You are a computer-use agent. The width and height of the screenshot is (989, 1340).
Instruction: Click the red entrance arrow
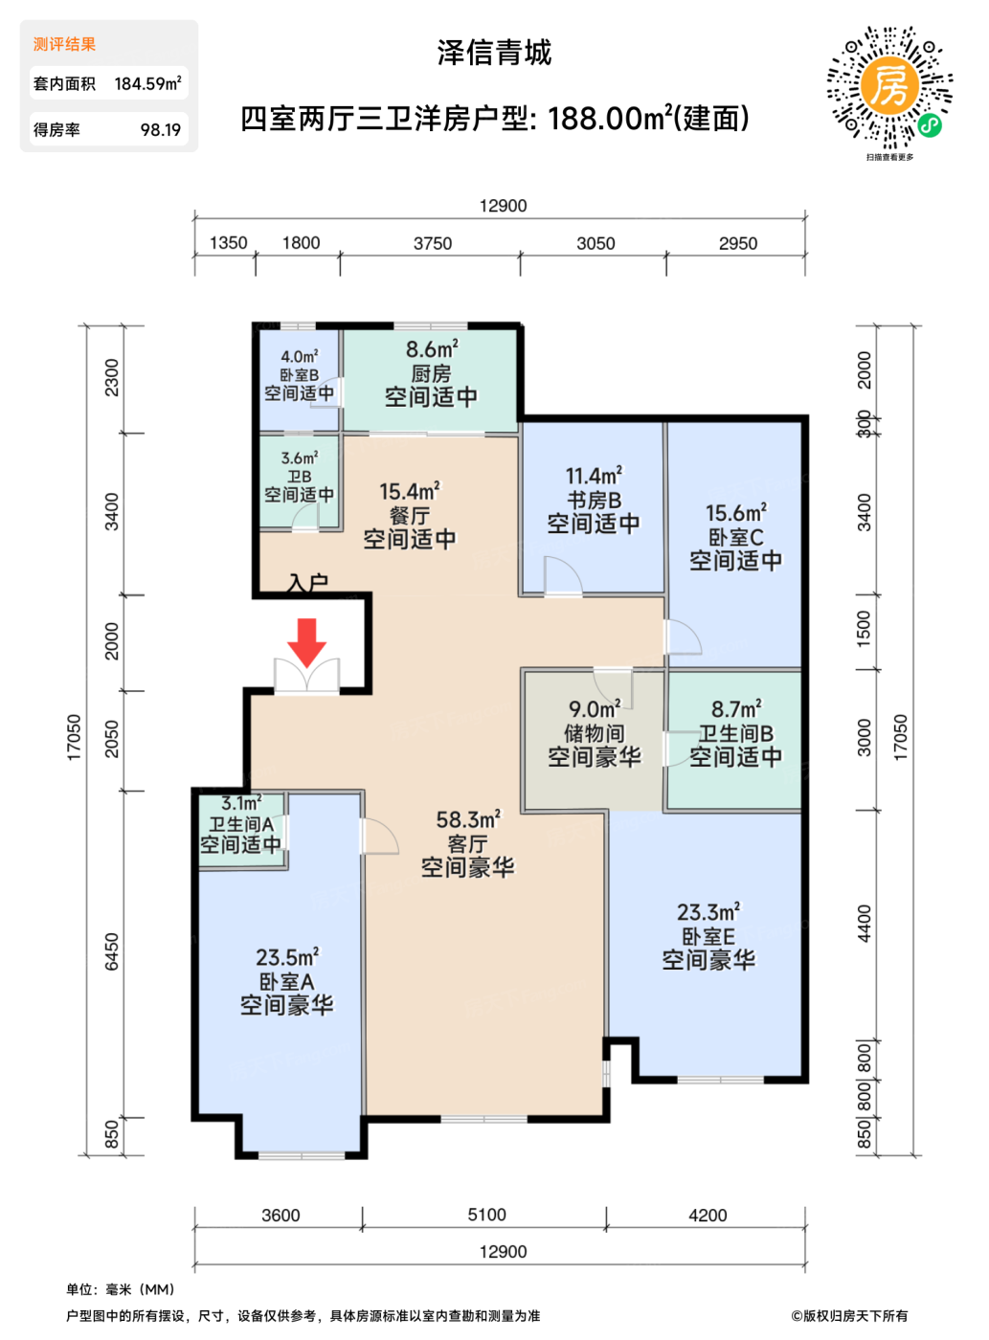[306, 642]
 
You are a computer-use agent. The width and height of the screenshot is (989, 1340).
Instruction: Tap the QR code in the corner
[889, 87]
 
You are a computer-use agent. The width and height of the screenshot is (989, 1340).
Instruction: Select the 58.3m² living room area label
[468, 820]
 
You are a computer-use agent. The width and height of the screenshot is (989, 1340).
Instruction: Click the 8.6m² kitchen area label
[432, 349]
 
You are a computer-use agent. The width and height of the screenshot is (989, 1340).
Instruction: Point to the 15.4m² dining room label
[410, 491]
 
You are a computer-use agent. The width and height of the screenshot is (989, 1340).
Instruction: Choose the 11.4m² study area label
[594, 476]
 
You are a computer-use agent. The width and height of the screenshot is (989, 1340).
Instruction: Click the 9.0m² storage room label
[595, 708]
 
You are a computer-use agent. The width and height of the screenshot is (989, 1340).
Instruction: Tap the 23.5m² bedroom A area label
[287, 957]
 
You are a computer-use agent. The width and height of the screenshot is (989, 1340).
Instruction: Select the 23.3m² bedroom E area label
[708, 912]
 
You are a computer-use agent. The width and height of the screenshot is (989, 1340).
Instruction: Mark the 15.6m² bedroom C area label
[735, 513]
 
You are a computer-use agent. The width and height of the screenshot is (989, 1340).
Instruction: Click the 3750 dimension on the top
[432, 243]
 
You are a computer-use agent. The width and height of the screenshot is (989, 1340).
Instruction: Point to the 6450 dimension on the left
[112, 952]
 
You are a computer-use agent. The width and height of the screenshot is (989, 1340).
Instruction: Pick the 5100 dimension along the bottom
[486, 1215]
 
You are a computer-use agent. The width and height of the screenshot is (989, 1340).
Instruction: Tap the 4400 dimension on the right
[865, 923]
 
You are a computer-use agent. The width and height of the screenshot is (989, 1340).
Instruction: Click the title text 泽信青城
[494, 53]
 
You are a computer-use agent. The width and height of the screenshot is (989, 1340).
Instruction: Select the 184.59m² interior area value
[148, 83]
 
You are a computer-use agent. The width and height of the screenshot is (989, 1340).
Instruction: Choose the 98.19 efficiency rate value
[161, 130]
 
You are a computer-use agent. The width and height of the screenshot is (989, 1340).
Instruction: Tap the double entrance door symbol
[306, 675]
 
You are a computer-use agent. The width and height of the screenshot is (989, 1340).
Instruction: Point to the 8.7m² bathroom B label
[736, 708]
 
